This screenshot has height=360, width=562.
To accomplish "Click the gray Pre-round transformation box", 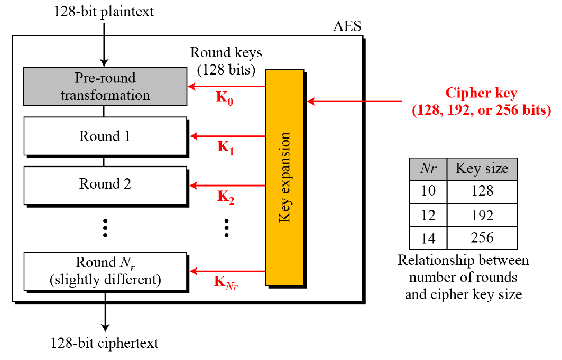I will pyautogui.click(x=105, y=87).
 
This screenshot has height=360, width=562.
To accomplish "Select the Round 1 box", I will pyautogui.click(x=105, y=136).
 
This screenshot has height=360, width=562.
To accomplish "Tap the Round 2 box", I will pyautogui.click(x=105, y=184).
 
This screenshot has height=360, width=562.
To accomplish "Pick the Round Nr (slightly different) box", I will pyautogui.click(x=105, y=270).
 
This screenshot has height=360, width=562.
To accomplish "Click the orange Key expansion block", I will pyautogui.click(x=284, y=177).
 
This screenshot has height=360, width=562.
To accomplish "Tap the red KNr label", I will pyautogui.click(x=226, y=282).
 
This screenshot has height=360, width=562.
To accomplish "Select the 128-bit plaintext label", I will pyautogui.click(x=104, y=11).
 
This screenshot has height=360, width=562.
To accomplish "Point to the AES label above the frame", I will pyautogui.click(x=347, y=26).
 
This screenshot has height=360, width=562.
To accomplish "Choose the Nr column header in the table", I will pyautogui.click(x=428, y=169).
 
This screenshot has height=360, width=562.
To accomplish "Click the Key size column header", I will pyautogui.click(x=482, y=169).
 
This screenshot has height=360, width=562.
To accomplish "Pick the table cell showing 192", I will pyautogui.click(x=482, y=215).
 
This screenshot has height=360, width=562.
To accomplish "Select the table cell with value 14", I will pyautogui.click(x=428, y=238).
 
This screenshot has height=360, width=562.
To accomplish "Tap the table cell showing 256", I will pyautogui.click(x=482, y=238).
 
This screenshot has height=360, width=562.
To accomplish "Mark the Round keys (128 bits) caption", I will pyautogui.click(x=226, y=60).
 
